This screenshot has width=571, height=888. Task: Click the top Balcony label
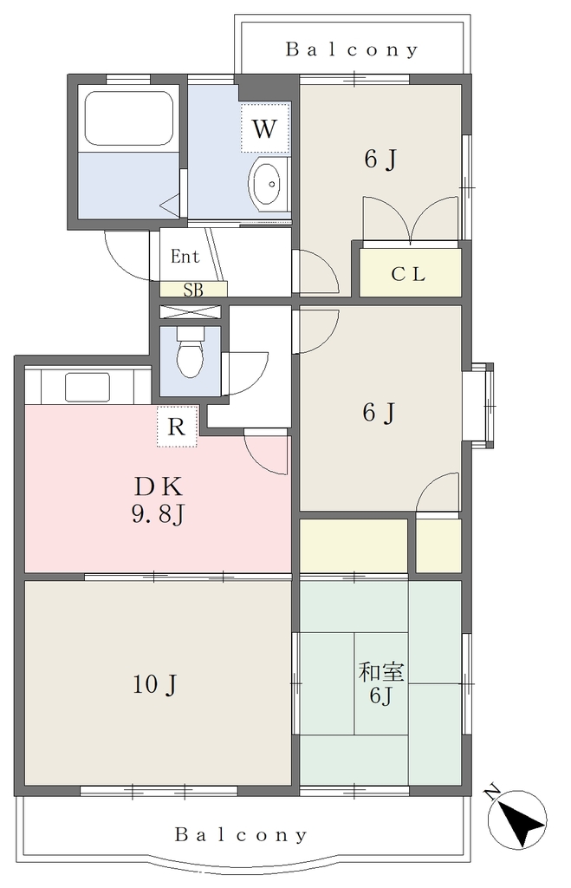pos(352,49)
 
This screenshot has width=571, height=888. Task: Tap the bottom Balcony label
pos(241,834)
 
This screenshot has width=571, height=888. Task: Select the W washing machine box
pos(264,128)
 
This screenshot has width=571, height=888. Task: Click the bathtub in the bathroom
pos(128,118)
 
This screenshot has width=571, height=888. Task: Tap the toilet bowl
pos(190,353)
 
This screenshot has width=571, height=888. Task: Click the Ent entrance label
pos(185,257)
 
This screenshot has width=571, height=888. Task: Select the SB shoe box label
pos(193,290)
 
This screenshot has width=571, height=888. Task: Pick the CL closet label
pos(408,274)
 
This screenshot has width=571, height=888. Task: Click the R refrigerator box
pos(177,426)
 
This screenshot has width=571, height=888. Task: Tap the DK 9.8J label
pos(159,500)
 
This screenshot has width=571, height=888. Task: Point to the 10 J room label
pos(154,685)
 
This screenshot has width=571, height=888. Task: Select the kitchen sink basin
pos(88,387)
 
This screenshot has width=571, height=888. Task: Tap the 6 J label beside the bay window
pos(378,412)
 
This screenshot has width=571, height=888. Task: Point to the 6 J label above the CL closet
pos(380,160)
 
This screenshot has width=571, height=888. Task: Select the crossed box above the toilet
pos(190,311)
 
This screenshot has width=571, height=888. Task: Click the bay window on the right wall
pos(479,406)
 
